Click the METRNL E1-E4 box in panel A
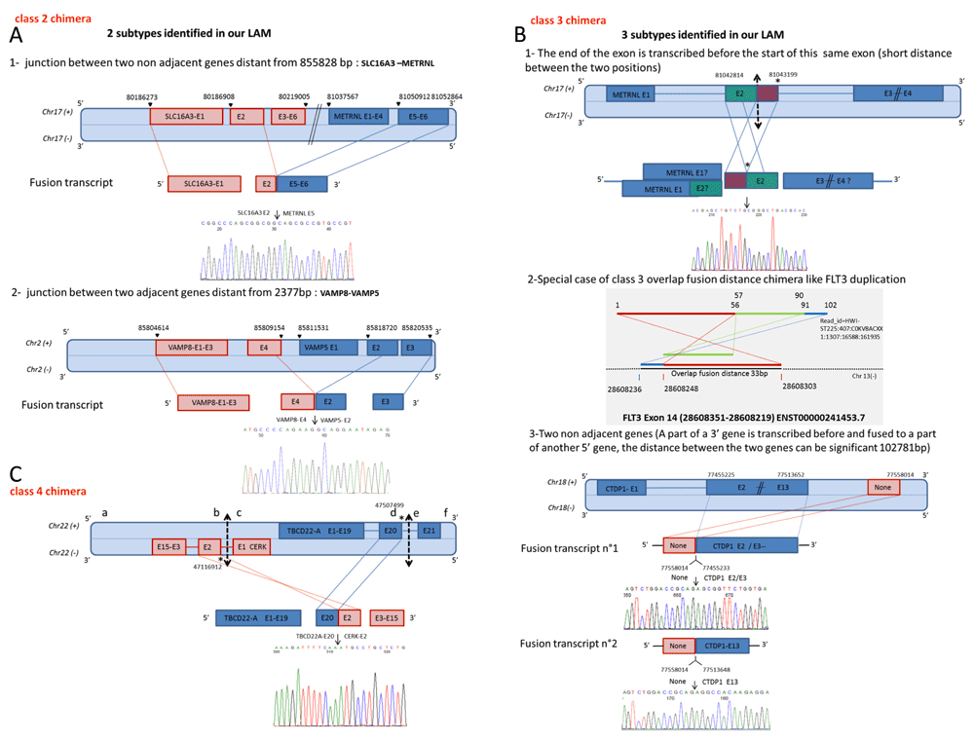360,117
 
